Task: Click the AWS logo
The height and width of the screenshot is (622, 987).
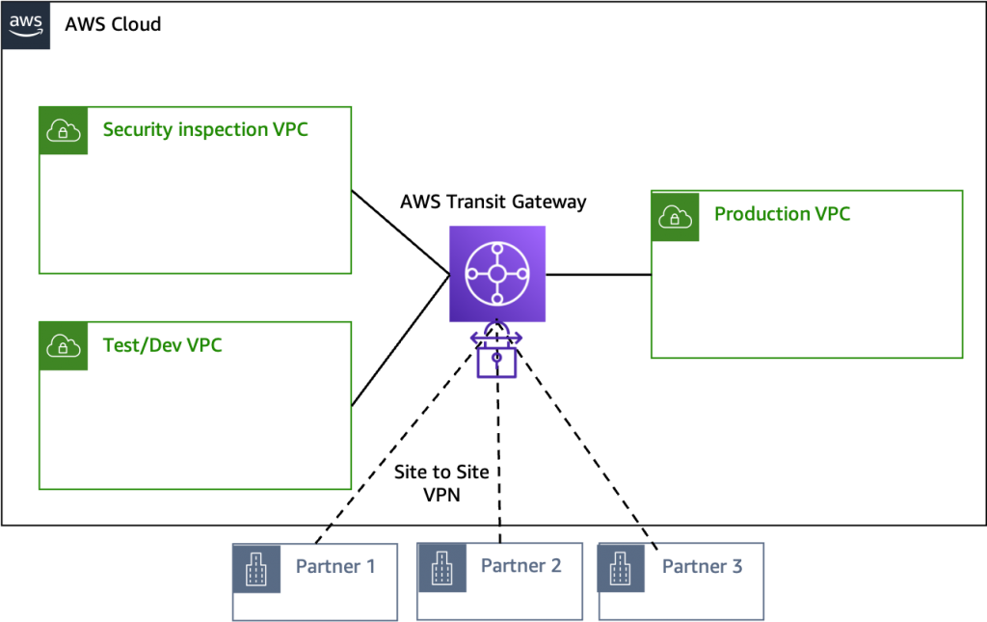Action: coord(26,25)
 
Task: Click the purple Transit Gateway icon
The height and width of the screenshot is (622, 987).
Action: coord(497,274)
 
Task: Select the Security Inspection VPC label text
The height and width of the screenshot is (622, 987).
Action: coord(205,129)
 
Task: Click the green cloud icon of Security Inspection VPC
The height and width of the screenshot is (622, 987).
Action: coord(64,130)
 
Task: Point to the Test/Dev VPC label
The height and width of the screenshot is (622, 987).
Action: coord(162,345)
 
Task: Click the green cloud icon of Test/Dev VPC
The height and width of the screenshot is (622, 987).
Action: coord(64,345)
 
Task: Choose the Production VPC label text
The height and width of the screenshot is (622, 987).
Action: coord(782,214)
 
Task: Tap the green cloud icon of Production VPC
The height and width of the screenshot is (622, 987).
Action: coord(675,215)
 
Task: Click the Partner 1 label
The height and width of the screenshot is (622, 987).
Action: coord(335,566)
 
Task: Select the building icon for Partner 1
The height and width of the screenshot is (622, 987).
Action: coord(256,568)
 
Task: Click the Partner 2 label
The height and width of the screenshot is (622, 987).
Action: coord(520,566)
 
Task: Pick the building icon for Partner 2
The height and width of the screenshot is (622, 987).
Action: coord(441,568)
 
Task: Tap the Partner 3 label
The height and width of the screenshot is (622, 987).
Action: coord(702,566)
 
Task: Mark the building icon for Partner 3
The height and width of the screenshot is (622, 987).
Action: coord(622,568)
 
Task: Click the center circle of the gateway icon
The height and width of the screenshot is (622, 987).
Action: coord(497,274)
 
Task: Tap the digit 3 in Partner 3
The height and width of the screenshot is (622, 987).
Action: coord(736,566)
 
